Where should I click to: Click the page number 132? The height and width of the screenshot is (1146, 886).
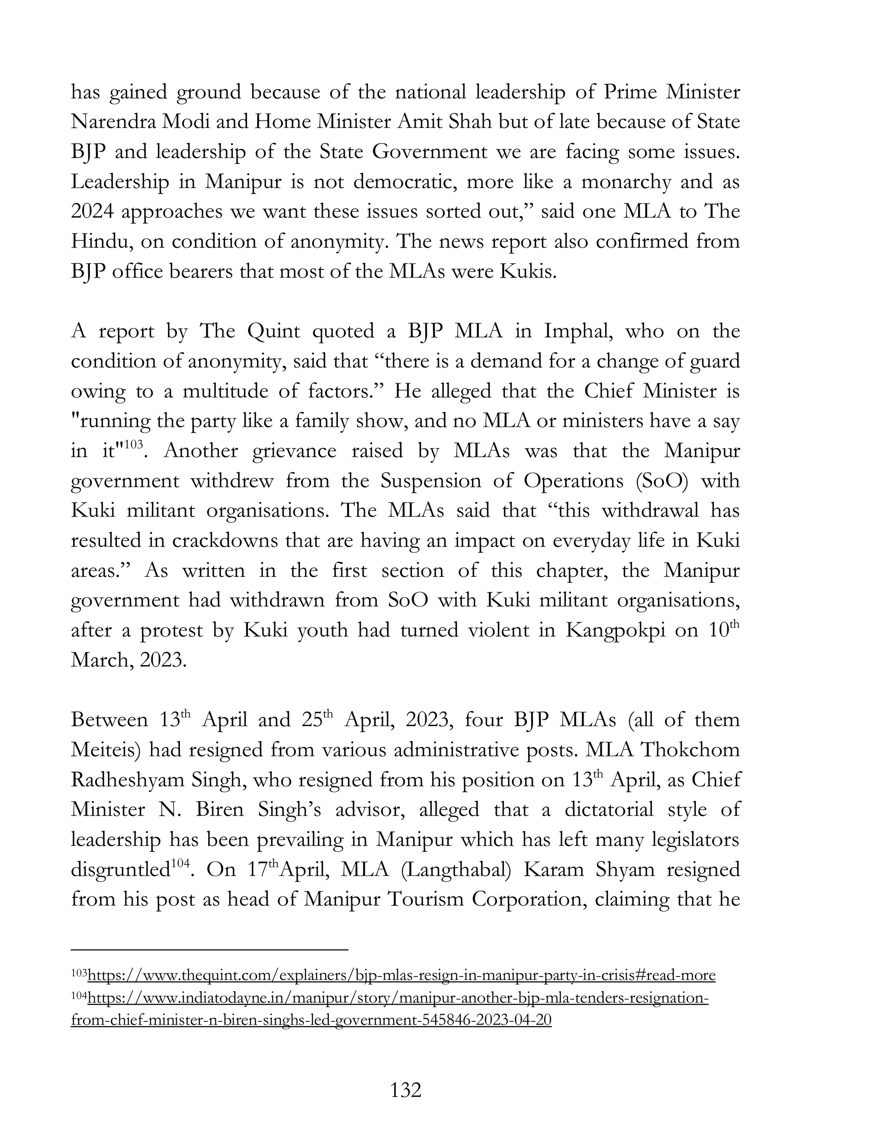pyautogui.click(x=406, y=1090)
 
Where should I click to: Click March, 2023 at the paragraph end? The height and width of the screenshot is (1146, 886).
pyautogui.click(x=128, y=659)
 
